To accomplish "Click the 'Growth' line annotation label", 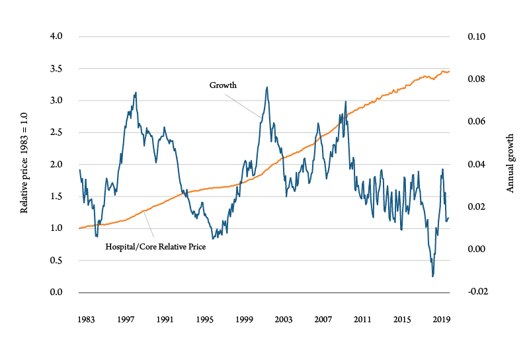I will click(223, 85).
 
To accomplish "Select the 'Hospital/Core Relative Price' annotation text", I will click(155, 247).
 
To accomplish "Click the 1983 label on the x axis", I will click(85, 319).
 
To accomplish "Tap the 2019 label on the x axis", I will click(441, 319).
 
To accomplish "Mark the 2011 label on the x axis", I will click(362, 319).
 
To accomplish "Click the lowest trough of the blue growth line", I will click(432, 276).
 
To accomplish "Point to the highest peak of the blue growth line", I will click(266, 87).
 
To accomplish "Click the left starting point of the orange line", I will click(79, 228).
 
